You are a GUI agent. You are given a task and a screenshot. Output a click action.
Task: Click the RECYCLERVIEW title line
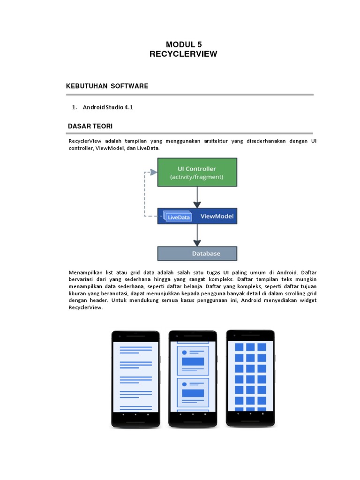(183, 54)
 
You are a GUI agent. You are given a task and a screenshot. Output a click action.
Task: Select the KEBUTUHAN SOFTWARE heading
(108, 86)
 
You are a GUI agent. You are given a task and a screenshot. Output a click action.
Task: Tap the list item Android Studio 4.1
(108, 107)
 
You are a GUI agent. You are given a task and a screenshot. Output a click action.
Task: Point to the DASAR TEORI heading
(90, 126)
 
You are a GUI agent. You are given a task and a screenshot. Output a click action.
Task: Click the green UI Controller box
(197, 172)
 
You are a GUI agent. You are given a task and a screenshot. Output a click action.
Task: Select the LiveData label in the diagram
(178, 217)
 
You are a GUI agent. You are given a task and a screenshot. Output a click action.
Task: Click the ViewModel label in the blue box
(217, 217)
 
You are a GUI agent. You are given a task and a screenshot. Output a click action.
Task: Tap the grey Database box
(197, 254)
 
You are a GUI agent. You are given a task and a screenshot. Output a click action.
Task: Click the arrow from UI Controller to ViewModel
(197, 197)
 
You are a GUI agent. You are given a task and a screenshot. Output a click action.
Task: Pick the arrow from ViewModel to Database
(197, 236)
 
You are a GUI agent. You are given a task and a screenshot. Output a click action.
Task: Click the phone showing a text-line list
(135, 377)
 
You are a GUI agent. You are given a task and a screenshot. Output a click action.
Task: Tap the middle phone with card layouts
(193, 377)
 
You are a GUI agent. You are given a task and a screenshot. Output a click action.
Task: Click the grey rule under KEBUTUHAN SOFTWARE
(190, 94)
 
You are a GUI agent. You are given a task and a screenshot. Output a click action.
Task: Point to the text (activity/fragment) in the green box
(197, 177)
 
